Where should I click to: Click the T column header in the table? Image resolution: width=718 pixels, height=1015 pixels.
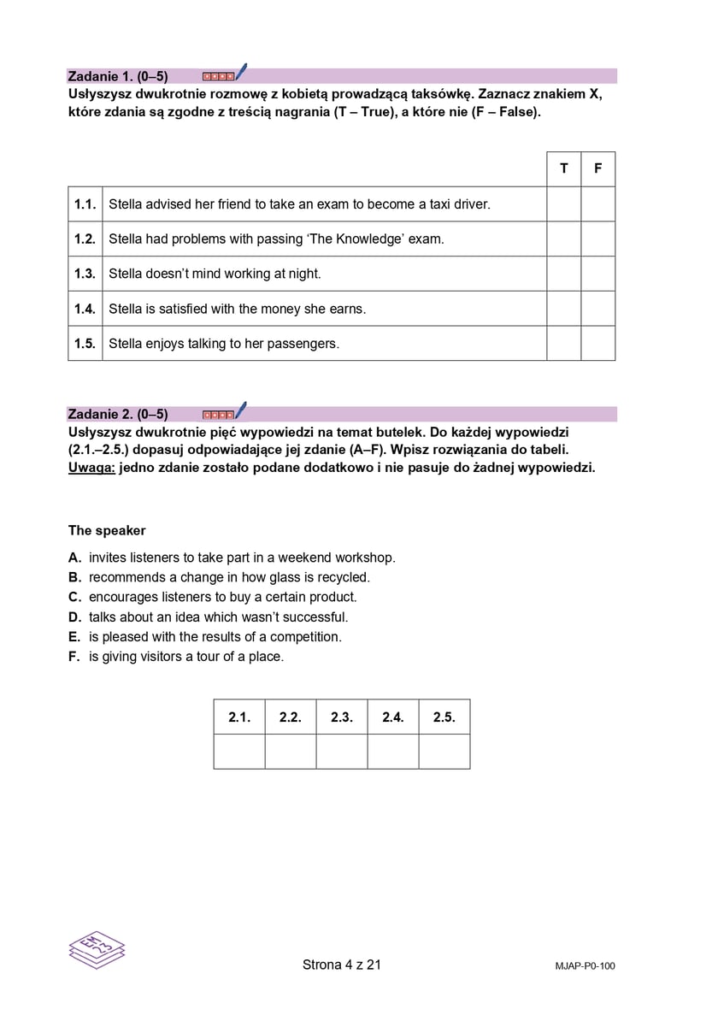click(x=563, y=168)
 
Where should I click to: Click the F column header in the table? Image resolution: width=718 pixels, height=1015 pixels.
click(x=597, y=168)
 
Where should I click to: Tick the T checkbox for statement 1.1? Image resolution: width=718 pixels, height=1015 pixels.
click(x=563, y=204)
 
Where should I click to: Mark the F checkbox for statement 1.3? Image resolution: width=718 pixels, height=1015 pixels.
click(x=597, y=274)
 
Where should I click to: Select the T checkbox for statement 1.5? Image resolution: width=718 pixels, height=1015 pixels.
click(x=563, y=344)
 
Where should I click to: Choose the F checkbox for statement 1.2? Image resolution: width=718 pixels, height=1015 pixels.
click(x=597, y=239)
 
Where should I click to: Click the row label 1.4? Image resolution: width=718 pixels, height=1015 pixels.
click(x=85, y=309)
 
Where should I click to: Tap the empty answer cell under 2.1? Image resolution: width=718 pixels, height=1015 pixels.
click(x=239, y=752)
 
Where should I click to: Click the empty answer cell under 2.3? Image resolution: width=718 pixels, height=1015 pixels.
click(x=342, y=752)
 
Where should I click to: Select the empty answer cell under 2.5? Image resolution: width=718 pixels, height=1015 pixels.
click(x=444, y=752)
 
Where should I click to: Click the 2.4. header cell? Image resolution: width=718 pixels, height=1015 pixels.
click(x=393, y=717)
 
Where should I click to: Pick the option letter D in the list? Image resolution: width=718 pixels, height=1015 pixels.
click(x=74, y=617)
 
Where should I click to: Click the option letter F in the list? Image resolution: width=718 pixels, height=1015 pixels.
click(x=74, y=657)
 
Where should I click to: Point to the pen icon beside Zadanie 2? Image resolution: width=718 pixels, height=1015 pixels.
click(x=240, y=410)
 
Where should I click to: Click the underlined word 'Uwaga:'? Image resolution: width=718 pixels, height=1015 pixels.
click(x=91, y=468)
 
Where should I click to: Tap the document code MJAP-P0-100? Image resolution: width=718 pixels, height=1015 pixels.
click(x=584, y=966)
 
